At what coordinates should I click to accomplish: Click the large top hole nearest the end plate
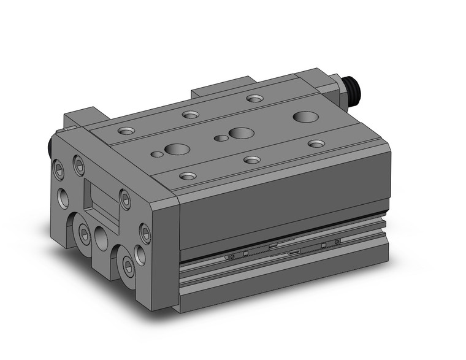tap(177, 148)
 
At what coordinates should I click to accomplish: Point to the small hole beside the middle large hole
tap(218, 138)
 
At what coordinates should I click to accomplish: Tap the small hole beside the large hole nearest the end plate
tap(158, 154)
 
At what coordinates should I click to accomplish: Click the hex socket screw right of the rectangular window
tap(125, 198)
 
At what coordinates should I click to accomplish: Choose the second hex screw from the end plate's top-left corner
tap(78, 164)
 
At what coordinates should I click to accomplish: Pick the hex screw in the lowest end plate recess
tap(128, 264)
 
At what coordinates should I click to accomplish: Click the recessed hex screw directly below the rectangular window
tap(84, 231)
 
